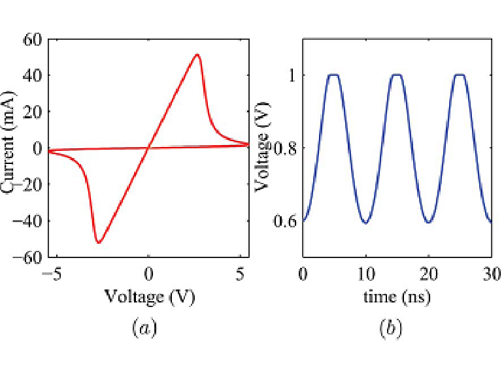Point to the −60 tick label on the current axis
(x=28, y=257)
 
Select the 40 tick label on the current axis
(x=33, y=76)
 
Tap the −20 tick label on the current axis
(x=28, y=185)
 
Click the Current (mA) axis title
(x=10, y=147)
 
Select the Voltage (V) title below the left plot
(x=150, y=297)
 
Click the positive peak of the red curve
(x=197, y=55)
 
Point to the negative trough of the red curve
(x=99, y=243)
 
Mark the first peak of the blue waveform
(x=334, y=74)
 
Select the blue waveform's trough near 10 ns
(x=365, y=223)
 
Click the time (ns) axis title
(x=397, y=297)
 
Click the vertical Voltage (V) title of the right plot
(x=263, y=148)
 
